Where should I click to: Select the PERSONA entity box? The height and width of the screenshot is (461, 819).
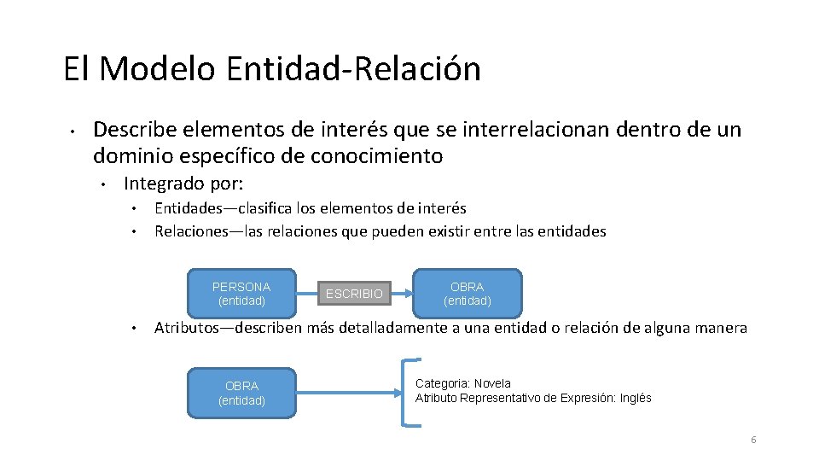tap(241, 294)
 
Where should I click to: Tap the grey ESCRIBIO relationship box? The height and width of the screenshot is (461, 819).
tap(354, 294)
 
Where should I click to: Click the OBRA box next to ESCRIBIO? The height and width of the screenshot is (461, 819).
tap(467, 294)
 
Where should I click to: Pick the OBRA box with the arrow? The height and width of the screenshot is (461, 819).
tap(241, 394)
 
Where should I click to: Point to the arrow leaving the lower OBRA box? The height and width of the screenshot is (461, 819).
tap(350, 394)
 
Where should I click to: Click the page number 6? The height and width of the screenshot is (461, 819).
tap(753, 440)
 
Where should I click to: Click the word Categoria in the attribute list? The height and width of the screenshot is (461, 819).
tap(442, 383)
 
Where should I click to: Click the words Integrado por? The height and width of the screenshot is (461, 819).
tap(183, 184)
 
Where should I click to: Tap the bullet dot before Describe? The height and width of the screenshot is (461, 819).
tap(74, 131)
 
